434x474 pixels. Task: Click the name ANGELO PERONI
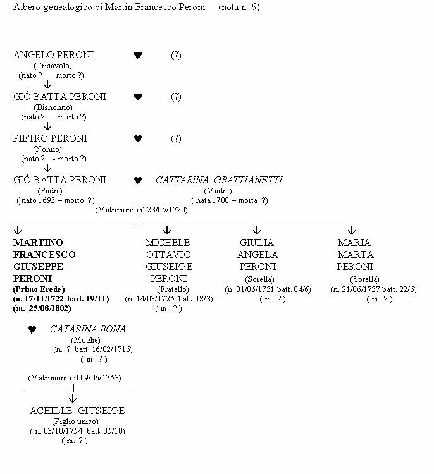coord(53,55)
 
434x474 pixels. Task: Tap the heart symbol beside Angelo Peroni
coord(138,56)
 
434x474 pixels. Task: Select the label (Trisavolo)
coord(53,66)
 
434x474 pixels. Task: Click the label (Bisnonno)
coord(53,107)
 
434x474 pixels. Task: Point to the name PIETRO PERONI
coord(50,138)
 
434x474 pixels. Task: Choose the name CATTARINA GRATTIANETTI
coord(219,180)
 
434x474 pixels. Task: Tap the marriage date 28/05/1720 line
coord(142,210)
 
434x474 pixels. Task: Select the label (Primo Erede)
coord(39,289)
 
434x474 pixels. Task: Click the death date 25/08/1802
coord(42,308)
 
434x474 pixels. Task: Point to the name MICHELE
coord(168,243)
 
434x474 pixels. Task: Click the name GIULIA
coord(257,243)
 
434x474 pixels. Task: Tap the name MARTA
coord(354,255)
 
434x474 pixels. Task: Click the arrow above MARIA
coord(352,231)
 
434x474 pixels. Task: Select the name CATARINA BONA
coord(87,329)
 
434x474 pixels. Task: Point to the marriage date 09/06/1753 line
coord(74,378)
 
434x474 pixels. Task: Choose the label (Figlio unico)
coord(77,421)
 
